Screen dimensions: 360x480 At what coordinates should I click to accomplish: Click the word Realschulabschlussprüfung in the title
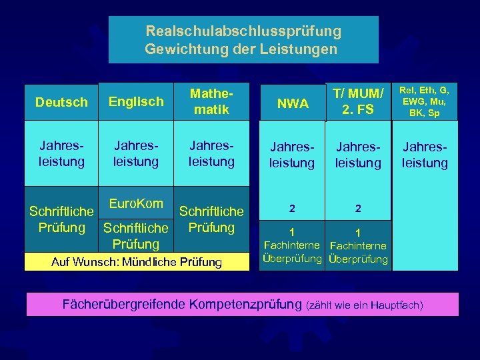click(243, 31)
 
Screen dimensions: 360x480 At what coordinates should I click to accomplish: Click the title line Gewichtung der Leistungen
click(241, 49)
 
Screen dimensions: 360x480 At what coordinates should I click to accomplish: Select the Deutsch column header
click(61, 102)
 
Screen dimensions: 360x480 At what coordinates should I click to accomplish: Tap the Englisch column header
click(136, 101)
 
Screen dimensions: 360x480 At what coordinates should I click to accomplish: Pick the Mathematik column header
click(211, 101)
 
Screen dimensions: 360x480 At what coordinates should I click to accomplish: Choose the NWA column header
click(293, 103)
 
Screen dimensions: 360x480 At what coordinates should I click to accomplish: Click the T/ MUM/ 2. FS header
click(358, 101)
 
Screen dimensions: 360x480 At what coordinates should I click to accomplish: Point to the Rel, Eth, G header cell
click(425, 101)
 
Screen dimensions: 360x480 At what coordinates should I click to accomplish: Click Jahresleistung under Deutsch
click(61, 153)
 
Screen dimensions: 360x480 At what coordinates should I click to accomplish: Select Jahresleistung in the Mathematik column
click(211, 153)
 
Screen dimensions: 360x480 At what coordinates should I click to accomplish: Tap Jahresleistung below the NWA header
click(293, 155)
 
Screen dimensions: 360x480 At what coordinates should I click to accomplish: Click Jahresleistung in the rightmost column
click(425, 155)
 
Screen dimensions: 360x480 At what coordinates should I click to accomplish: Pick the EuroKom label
click(136, 203)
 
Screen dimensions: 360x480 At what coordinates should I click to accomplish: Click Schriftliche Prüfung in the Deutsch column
click(61, 219)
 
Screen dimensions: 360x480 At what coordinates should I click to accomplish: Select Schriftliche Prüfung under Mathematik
click(211, 219)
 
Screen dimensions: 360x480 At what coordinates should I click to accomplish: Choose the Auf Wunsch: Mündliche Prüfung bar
click(137, 262)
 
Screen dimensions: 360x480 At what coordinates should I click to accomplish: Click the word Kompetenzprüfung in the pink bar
click(245, 305)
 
